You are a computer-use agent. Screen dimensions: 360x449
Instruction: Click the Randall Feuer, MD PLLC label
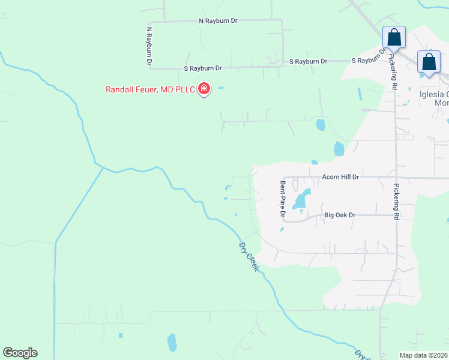[x=151, y=89]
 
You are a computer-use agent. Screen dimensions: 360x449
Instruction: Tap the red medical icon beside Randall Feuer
[x=204, y=89]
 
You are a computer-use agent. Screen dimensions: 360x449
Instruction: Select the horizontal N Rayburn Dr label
[x=218, y=20]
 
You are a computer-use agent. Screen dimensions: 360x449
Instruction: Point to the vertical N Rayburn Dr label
[x=148, y=46]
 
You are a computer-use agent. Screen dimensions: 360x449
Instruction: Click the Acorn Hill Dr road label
[x=340, y=177]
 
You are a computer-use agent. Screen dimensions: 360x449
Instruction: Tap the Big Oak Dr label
[x=340, y=215]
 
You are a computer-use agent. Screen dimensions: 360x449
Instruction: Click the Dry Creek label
[x=249, y=257]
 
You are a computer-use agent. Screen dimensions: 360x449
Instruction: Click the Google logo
[x=20, y=353]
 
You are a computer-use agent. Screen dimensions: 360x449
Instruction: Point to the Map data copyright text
[x=424, y=355]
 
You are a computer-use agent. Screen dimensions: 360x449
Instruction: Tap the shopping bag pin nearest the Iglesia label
[x=429, y=62]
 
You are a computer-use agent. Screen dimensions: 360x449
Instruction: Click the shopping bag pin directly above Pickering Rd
[x=394, y=38]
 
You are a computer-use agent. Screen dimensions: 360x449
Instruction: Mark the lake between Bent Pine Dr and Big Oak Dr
[x=301, y=200]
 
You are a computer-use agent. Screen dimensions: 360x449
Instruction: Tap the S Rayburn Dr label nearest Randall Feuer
[x=203, y=68]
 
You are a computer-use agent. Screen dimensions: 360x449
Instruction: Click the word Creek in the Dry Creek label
[x=253, y=262]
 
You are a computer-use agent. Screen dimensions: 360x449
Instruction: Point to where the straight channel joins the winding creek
[x=103, y=168]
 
